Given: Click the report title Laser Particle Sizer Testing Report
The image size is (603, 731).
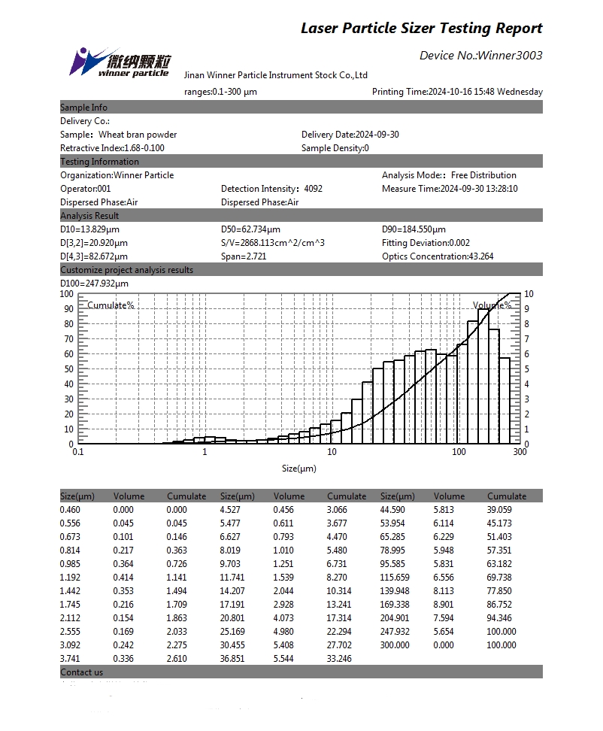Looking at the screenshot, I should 421,29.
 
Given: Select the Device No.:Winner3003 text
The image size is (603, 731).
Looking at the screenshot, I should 480,56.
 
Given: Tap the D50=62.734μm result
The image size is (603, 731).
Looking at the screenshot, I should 250,229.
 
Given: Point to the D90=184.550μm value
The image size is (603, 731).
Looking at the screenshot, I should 414,229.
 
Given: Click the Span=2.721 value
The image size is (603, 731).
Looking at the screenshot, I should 244,256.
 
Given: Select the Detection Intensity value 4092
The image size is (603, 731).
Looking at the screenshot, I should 314,189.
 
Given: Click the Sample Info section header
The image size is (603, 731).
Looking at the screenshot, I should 84,108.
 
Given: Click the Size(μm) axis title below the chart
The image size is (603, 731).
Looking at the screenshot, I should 298,469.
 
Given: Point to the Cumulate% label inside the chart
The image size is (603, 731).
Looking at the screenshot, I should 111,305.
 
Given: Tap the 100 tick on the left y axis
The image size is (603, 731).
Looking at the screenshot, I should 66,294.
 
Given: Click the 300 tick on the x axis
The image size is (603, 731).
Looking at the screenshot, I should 520,453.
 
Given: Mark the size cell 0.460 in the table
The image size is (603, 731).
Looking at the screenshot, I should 71,510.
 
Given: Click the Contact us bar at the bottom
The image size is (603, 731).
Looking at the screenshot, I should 82,672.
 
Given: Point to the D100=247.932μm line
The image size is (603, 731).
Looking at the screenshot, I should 94,284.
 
